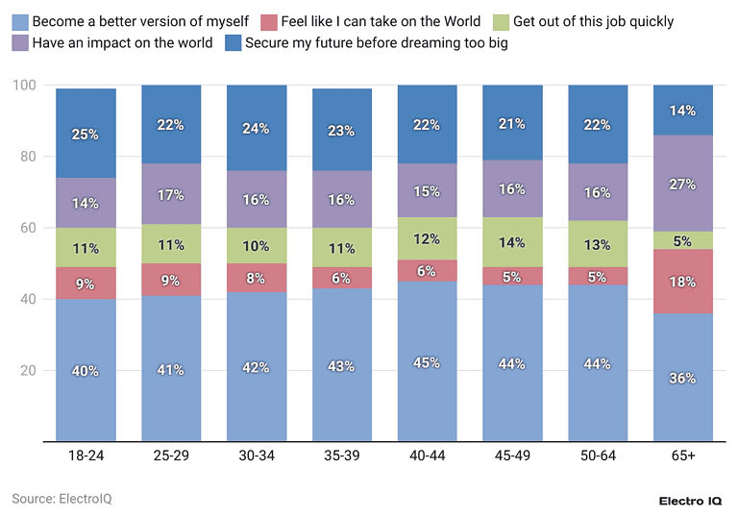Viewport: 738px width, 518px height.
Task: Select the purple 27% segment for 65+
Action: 683,184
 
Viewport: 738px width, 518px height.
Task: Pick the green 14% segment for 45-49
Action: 512,242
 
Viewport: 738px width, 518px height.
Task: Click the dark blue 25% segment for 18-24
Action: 86,134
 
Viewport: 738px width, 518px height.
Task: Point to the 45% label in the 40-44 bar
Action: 427,362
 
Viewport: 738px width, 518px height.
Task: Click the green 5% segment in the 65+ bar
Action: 683,240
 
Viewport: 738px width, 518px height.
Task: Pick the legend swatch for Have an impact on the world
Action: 19,43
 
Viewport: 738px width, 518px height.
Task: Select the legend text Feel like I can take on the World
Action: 381,21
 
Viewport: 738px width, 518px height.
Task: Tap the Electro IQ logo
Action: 689,501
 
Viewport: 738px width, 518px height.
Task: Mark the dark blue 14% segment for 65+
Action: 683,111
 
